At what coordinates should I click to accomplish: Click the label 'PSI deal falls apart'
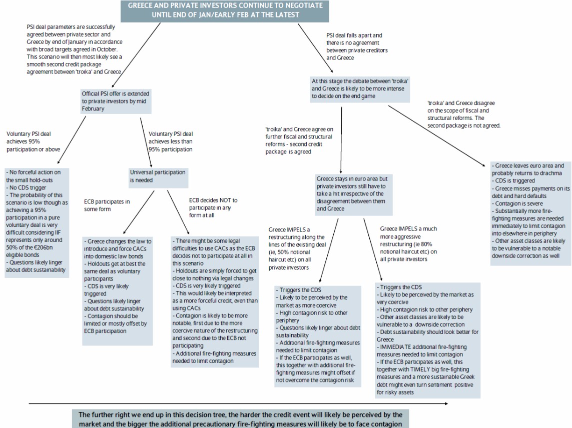357,46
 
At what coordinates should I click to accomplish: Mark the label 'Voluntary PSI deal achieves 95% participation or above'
30,141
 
